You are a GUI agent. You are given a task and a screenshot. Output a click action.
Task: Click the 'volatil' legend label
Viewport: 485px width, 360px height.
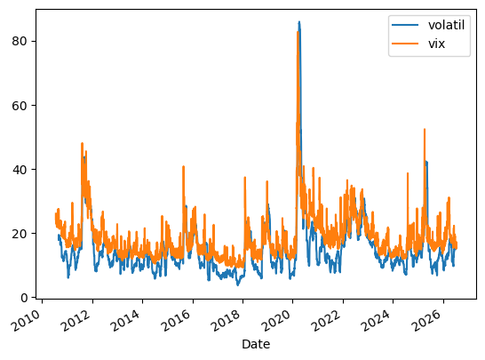pyautogui.click(x=446, y=25)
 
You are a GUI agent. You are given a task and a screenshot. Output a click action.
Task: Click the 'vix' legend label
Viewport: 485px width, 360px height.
pyautogui.click(x=436, y=44)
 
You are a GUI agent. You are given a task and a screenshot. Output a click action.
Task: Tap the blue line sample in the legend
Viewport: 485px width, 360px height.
pyautogui.click(x=405, y=25)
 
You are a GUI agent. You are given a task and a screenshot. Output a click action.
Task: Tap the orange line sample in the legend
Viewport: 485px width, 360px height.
pyautogui.click(x=405, y=44)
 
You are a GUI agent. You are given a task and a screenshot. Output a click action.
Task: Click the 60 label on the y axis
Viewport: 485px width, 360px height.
pyautogui.click(x=20, y=105)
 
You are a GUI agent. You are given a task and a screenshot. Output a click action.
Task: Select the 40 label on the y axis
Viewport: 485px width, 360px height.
pyautogui.click(x=20, y=169)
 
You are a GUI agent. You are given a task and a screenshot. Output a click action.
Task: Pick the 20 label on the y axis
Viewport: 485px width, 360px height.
pyautogui.click(x=20, y=234)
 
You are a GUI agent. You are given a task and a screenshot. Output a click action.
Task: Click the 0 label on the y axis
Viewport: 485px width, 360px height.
pyautogui.click(x=24, y=298)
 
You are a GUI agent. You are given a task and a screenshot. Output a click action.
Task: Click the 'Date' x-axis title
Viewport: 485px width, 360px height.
pyautogui.click(x=256, y=344)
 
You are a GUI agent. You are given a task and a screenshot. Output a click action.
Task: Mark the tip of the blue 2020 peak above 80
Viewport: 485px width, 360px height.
pyautogui.click(x=299, y=21)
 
